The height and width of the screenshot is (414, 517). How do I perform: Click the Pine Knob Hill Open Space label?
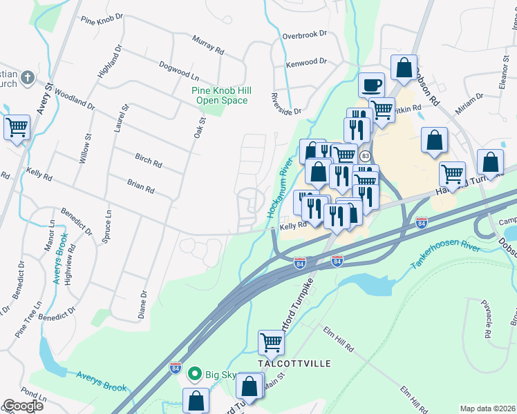coord(221,95)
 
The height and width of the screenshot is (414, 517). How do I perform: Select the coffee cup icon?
coord(371,85)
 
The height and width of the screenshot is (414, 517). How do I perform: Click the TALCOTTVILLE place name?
coord(294,363)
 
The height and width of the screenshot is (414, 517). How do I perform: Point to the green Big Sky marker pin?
coord(195,375)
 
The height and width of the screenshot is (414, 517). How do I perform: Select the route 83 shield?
coord(365,157)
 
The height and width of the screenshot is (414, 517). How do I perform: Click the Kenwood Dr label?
coord(306,63)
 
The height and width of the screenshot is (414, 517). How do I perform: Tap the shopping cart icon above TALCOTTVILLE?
coord(271,342)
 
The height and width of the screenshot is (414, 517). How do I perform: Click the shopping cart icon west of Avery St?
coord(17,126)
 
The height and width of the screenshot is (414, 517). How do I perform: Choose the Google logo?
coord(23,406)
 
